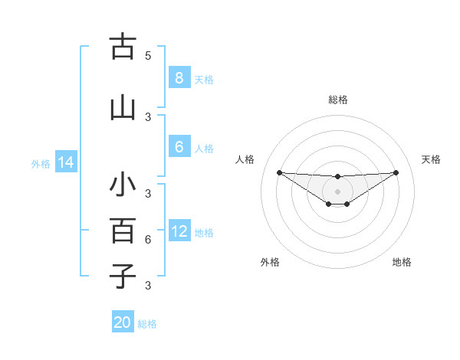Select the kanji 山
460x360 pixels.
coord(123,107)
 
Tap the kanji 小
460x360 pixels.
coord(123,186)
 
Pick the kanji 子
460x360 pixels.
coord(123,275)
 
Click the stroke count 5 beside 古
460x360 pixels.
coord(148,55)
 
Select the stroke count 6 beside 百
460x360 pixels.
coord(148,240)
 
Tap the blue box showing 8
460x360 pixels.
coord(179,78)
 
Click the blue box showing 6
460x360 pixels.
coord(179,147)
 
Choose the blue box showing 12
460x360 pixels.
coord(179,231)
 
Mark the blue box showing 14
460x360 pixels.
coord(65,162)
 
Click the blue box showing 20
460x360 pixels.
coord(123,322)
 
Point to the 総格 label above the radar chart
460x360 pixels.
coord(338,100)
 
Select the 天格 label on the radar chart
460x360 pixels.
coord(432,159)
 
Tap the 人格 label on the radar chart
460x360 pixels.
coord(245,159)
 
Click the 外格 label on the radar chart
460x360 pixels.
coord(270,262)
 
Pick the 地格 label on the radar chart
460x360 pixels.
coord(402,262)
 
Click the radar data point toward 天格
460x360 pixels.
coord(396,172)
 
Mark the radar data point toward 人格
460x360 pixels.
coord(279,172)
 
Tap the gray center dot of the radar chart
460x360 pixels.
coord(338,191)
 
